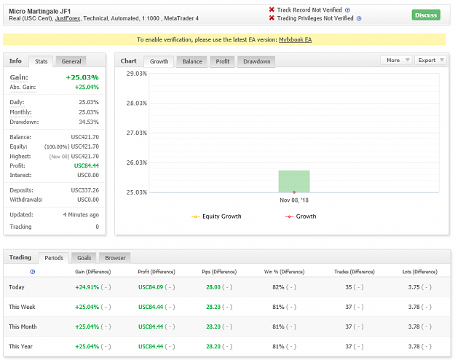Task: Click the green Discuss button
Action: [x=426, y=15]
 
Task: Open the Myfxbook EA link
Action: [x=295, y=39]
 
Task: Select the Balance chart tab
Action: [x=191, y=62]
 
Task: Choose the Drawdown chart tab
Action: [x=256, y=62]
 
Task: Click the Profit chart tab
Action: [x=222, y=62]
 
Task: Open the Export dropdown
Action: [x=431, y=60]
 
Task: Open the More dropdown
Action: [x=396, y=60]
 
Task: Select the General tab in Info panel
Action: [x=71, y=62]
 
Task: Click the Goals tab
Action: [x=84, y=258]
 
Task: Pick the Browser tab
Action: [x=115, y=258]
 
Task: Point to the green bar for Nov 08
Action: [x=294, y=181]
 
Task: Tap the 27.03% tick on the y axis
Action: [x=136, y=133]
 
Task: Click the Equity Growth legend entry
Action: [x=216, y=216]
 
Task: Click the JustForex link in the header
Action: [x=68, y=19]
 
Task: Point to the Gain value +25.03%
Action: [x=82, y=77]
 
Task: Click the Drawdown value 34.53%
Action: [x=89, y=122]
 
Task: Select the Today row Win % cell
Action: [x=284, y=287]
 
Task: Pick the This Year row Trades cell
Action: [x=355, y=346]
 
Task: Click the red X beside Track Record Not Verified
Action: [x=272, y=9]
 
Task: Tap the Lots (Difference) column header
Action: [x=419, y=272]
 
